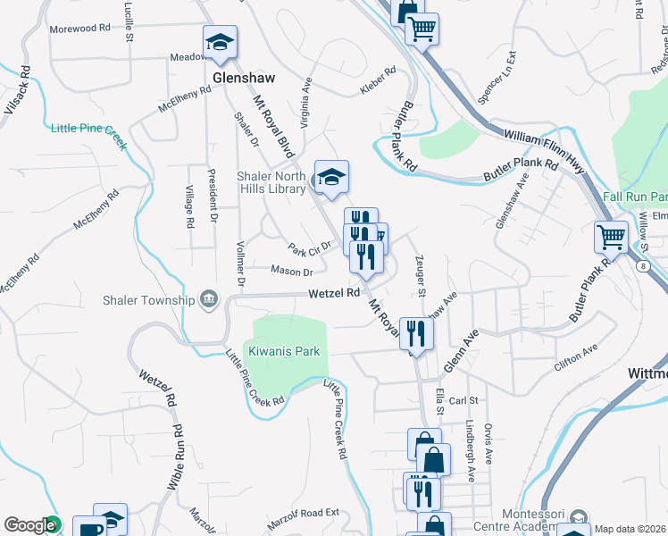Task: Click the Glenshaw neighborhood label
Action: coord(244,78)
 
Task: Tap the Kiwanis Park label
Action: coord(284,352)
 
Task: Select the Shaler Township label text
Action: coord(148,300)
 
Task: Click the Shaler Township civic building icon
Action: coord(208,298)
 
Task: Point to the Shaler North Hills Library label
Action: coord(271,182)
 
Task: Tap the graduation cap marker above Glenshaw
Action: coord(220,42)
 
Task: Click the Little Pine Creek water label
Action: coord(89,130)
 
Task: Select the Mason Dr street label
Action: coord(292,272)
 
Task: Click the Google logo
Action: coord(29,525)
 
